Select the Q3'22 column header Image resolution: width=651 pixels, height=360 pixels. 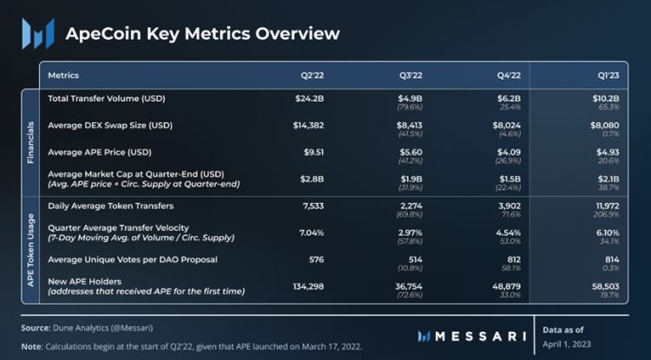coord(411,75)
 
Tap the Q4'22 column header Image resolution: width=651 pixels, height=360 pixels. coord(510,75)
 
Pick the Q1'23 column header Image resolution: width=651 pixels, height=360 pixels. coord(608,75)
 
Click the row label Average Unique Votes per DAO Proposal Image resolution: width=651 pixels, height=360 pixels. coord(131,259)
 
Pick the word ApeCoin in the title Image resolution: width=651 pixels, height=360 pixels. coord(102,34)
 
